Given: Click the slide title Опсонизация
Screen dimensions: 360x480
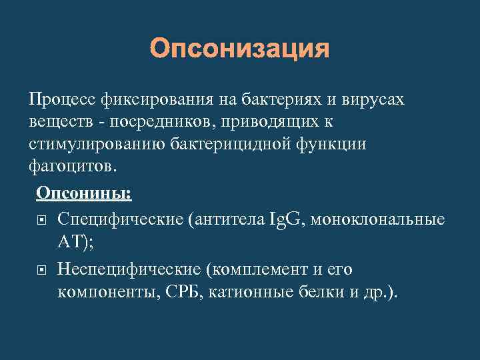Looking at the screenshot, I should (240, 49).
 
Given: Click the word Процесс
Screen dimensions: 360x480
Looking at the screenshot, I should (63, 101).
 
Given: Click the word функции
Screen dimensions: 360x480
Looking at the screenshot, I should (334, 145).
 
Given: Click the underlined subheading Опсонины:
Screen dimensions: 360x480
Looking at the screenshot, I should (84, 193).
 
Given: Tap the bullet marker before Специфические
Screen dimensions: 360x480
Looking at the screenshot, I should (42, 220).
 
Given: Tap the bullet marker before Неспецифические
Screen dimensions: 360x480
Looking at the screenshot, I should (42, 270).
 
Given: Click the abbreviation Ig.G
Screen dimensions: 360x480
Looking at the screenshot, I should (287, 220).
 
